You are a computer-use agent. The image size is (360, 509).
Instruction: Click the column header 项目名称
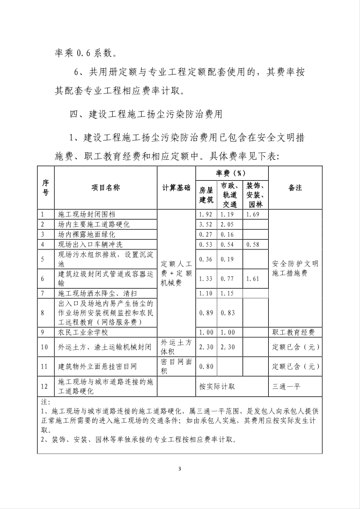(x=105, y=188)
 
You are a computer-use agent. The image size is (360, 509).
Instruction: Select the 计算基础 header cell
(x=176, y=188)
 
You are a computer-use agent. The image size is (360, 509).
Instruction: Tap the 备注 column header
(x=295, y=188)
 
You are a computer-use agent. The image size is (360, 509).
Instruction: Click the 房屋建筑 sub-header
(x=206, y=195)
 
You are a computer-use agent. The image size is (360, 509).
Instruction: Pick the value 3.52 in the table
(x=206, y=224)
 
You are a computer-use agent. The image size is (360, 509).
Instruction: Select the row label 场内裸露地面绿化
(x=86, y=234)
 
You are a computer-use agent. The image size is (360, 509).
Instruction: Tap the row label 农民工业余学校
(x=83, y=333)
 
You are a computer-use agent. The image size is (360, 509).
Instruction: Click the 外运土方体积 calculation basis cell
(x=176, y=346)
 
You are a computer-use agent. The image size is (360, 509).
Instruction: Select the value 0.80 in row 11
(x=206, y=366)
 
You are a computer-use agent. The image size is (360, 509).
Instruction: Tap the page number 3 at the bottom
(x=180, y=469)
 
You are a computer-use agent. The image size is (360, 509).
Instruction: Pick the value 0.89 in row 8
(x=206, y=313)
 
